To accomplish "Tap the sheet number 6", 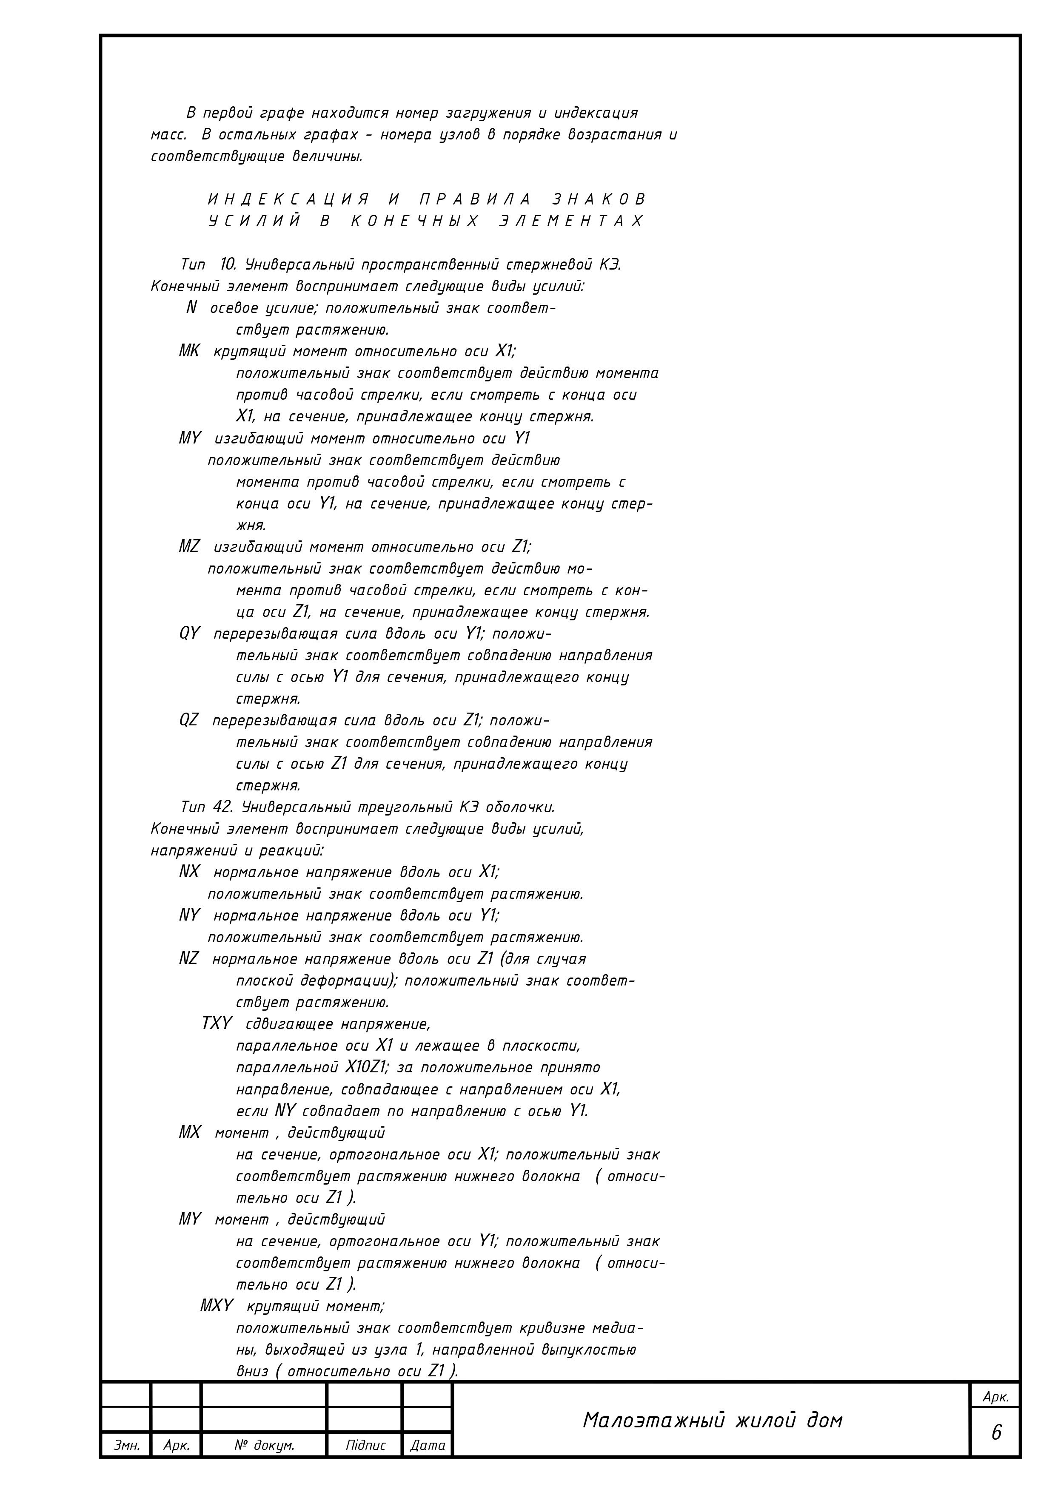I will [996, 1432].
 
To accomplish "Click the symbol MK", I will [189, 352].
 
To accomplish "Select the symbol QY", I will [189, 634].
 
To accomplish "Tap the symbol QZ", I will [188, 720].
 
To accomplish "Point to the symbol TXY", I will [217, 1023].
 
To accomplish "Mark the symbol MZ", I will [189, 546].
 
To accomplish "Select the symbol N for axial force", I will [191, 308].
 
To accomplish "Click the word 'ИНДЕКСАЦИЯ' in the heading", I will [288, 199].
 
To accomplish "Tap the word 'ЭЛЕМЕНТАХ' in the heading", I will [571, 221].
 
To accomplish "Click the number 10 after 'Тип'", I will [228, 264].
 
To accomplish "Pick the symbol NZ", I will [188, 958].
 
